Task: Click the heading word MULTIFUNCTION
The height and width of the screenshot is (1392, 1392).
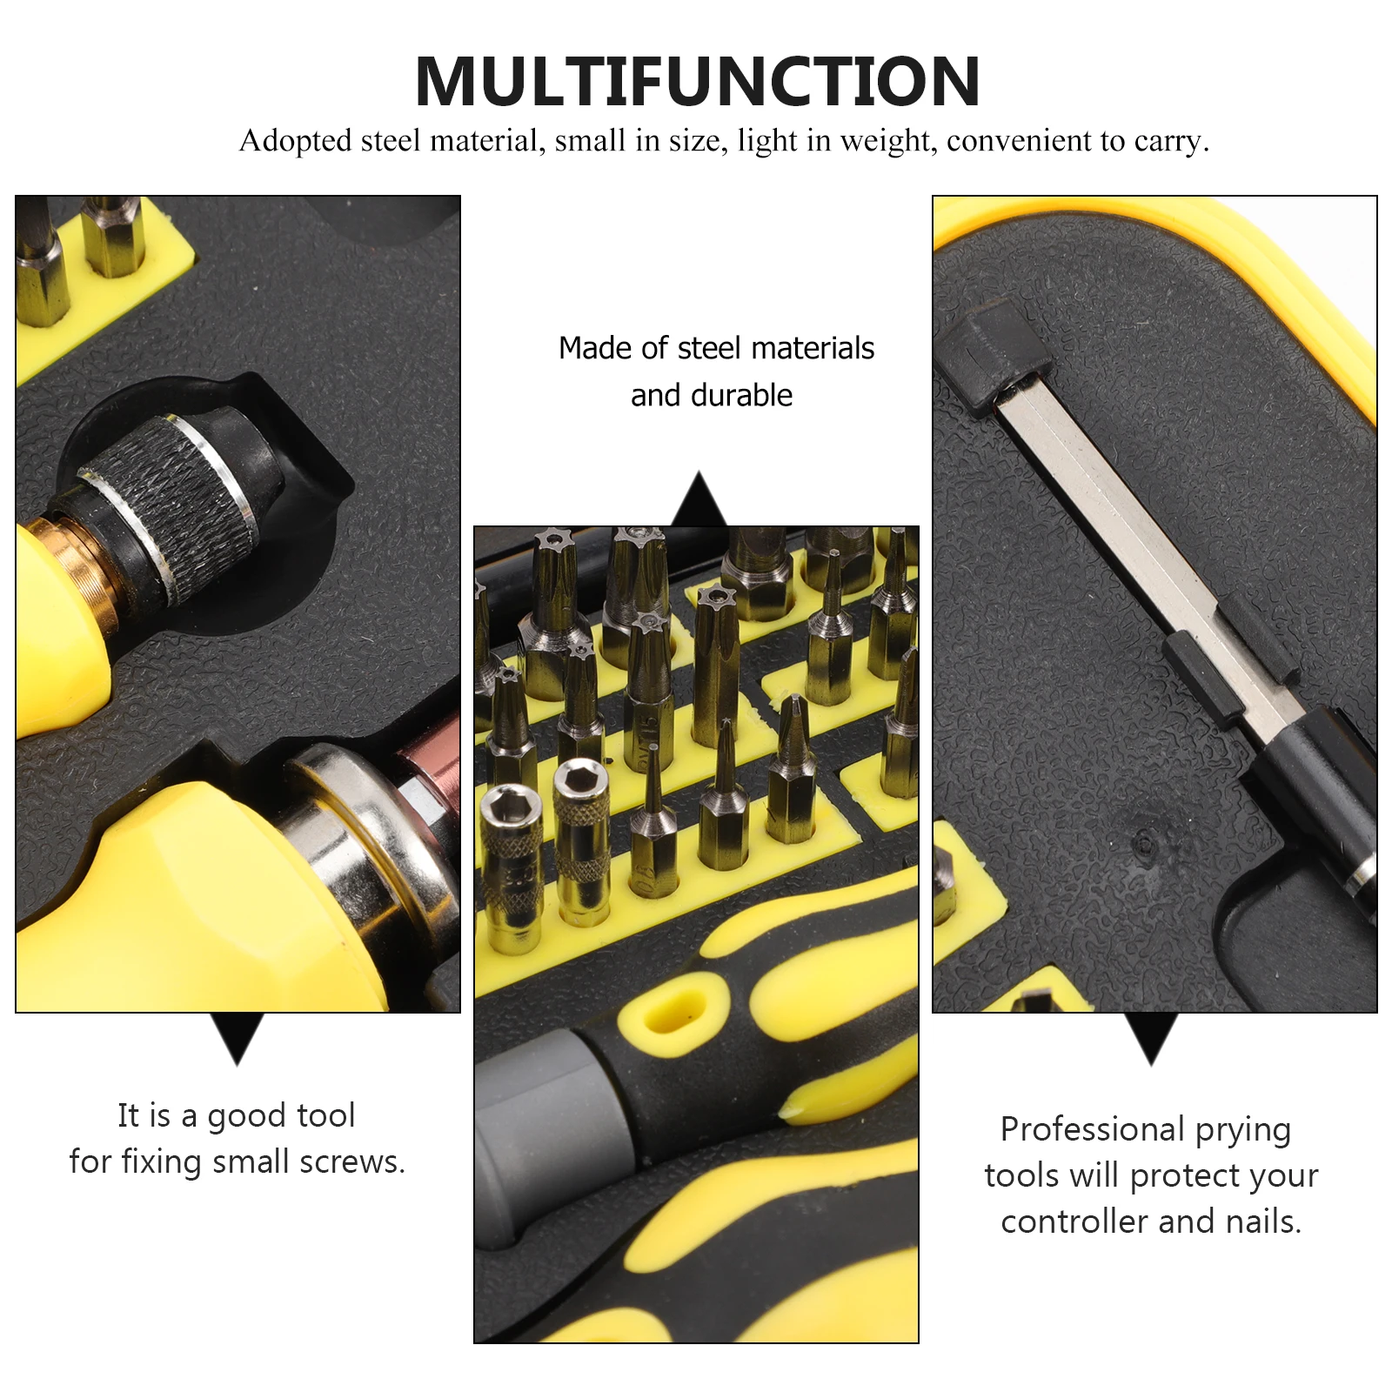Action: pos(698,82)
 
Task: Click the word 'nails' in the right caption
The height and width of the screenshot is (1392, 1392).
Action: pos(1263,1221)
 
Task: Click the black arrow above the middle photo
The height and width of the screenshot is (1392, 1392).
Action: pos(699,499)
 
